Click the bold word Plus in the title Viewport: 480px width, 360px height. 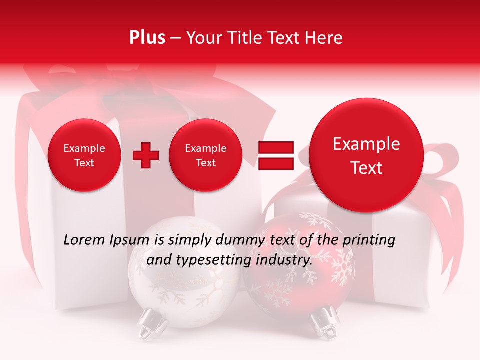pos(147,38)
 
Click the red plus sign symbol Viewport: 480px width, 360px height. pos(146,155)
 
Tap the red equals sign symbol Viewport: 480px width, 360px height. pos(275,155)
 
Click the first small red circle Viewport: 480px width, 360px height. pos(84,155)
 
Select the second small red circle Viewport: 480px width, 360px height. pos(206,155)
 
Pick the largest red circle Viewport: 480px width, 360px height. pos(366,155)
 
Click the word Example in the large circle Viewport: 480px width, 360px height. pos(366,144)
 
